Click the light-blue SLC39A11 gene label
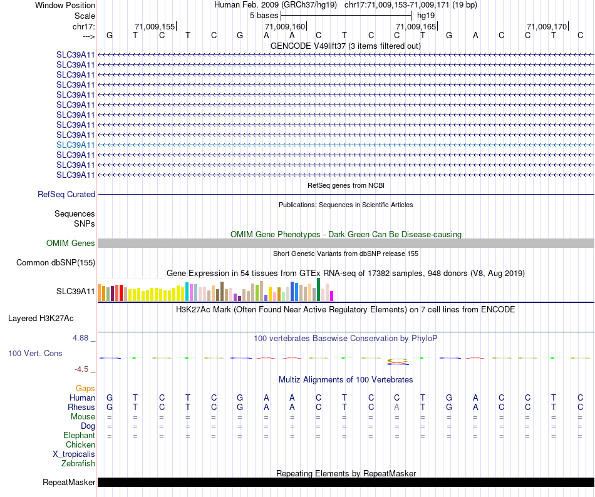pyautogui.click(x=76, y=145)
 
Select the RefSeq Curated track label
pyautogui.click(x=66, y=195)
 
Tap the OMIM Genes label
pyautogui.click(x=71, y=243)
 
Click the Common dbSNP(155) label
pyautogui.click(x=56, y=263)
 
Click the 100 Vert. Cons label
pyautogui.click(x=35, y=354)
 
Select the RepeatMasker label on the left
pyautogui.click(x=69, y=483)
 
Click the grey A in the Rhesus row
pyautogui.click(x=396, y=407)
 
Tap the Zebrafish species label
pyautogui.click(x=78, y=464)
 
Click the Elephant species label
pyautogui.click(x=79, y=436)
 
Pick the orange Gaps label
pyautogui.click(x=85, y=389)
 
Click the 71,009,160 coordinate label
pyautogui.click(x=285, y=27)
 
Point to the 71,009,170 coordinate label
pyautogui.click(x=547, y=27)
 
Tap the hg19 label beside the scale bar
pyautogui.click(x=426, y=15)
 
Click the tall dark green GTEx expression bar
pyautogui.click(x=319, y=290)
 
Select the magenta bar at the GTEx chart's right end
pyautogui.click(x=332, y=296)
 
